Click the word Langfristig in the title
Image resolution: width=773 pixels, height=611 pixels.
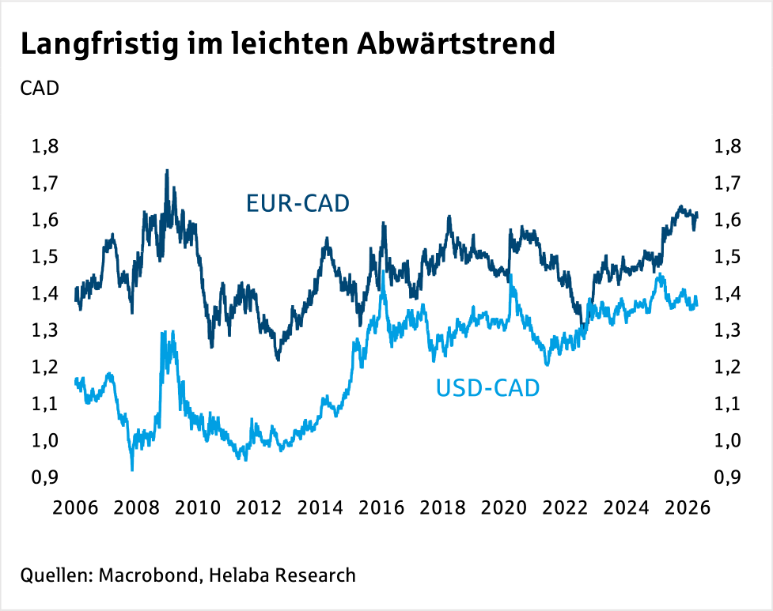93,44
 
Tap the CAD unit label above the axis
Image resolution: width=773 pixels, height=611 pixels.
40,88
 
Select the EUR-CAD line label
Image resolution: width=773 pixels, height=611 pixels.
298,205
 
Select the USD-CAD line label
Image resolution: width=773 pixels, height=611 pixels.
487,388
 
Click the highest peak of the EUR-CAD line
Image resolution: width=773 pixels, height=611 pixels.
166,170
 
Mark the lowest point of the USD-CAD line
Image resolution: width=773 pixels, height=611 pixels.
132,470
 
